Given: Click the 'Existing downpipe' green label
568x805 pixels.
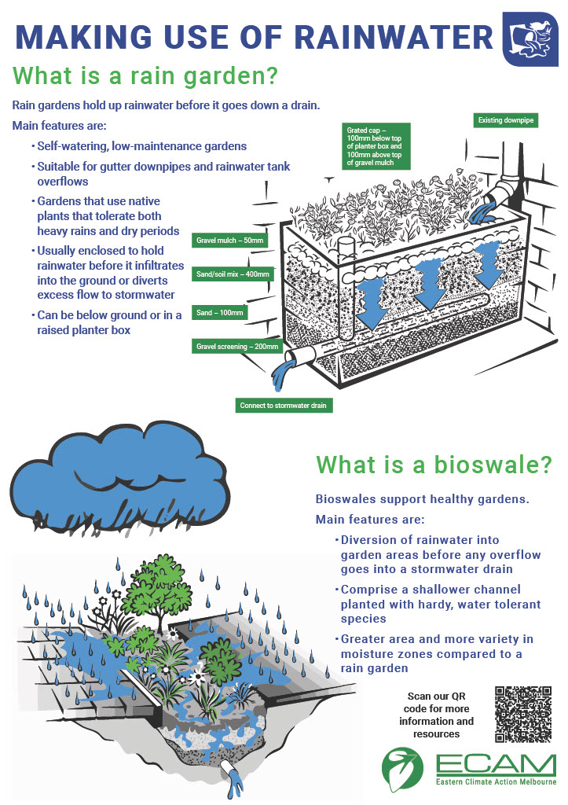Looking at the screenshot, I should [x=506, y=120].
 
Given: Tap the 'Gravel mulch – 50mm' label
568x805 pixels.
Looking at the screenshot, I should [x=229, y=239].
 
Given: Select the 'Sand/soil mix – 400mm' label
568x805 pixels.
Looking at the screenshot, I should [x=233, y=274].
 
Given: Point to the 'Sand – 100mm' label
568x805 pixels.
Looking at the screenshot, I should [x=220, y=312].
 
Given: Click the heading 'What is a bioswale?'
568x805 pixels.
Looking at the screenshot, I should [x=433, y=465].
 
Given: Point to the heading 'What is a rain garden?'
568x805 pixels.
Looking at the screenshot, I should [x=146, y=76].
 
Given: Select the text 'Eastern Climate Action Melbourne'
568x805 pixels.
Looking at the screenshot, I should [x=496, y=782].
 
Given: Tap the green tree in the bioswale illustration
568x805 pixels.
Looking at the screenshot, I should [x=161, y=585].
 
